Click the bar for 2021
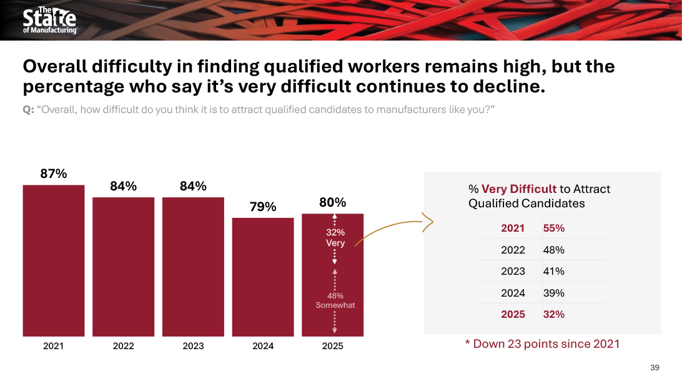coord(54,260)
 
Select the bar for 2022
coord(124,266)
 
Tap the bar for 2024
coord(263,277)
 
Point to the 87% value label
coord(54,174)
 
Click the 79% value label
coord(263,207)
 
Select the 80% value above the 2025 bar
coord(332,203)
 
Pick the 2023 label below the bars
coord(193,346)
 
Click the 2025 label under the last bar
coord(332,346)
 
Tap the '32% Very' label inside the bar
coord(335,238)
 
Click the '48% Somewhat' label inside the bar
coord(335,300)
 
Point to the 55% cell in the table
coord(554,229)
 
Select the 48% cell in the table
coord(554,250)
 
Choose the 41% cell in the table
coord(554,272)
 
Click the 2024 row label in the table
coord(513,293)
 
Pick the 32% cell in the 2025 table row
coord(554,315)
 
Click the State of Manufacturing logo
coord(49,21)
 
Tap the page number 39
coord(655,367)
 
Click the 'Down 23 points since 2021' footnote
coord(542,344)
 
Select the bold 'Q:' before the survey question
coord(28,111)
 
